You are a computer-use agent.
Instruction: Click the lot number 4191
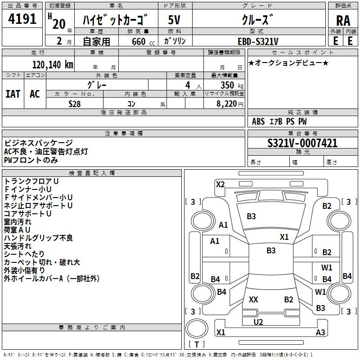pos(22,20)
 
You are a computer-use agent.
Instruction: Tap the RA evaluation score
pos(343,20)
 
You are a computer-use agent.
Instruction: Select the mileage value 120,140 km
pos(53,64)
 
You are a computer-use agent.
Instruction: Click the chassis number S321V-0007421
pos(302,143)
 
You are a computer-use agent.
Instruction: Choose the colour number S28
pos(74,103)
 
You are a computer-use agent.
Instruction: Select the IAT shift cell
pos(13,94)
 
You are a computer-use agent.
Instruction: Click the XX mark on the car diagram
pos(253,300)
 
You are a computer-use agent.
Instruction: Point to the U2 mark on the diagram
pos(258,322)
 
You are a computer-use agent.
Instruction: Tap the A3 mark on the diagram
pos(320,333)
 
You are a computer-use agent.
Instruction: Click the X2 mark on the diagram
pos(220,184)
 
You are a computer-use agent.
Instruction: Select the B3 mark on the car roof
pos(271,251)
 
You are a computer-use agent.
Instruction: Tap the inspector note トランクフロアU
pos(31,181)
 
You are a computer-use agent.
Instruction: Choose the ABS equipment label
pos(258,121)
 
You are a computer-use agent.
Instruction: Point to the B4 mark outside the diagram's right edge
pos(347,276)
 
